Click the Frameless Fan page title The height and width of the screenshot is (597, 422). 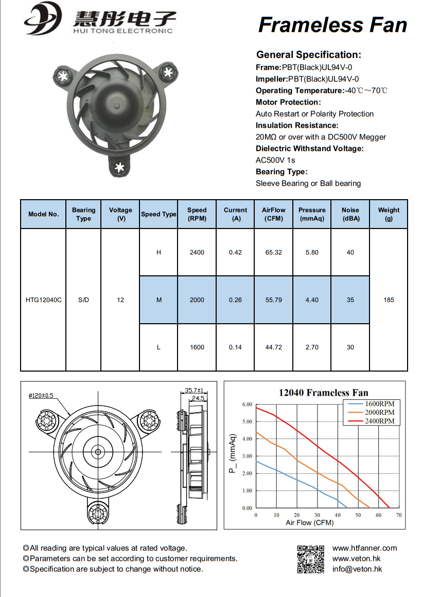[x=332, y=24]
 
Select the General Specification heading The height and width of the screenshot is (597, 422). [x=309, y=55]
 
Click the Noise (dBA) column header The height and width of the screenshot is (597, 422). [x=350, y=214]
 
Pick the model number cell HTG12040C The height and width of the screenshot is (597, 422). [x=43, y=300]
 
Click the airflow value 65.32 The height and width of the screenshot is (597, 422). [x=274, y=252]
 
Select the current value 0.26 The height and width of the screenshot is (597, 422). [x=235, y=300]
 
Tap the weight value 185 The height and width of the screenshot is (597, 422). [x=389, y=300]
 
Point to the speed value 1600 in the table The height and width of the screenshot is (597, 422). [x=197, y=347]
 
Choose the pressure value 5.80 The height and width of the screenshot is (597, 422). [x=312, y=252]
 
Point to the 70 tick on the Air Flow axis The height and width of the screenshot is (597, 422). [x=399, y=515]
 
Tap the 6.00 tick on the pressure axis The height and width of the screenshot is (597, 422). [x=247, y=405]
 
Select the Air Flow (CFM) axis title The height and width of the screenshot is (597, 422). [x=310, y=523]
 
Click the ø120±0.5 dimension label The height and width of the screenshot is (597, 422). [x=42, y=395]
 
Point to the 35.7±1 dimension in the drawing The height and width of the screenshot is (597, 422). [x=195, y=390]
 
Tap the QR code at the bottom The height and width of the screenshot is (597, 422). [x=311, y=559]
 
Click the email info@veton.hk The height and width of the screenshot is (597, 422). [x=357, y=569]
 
